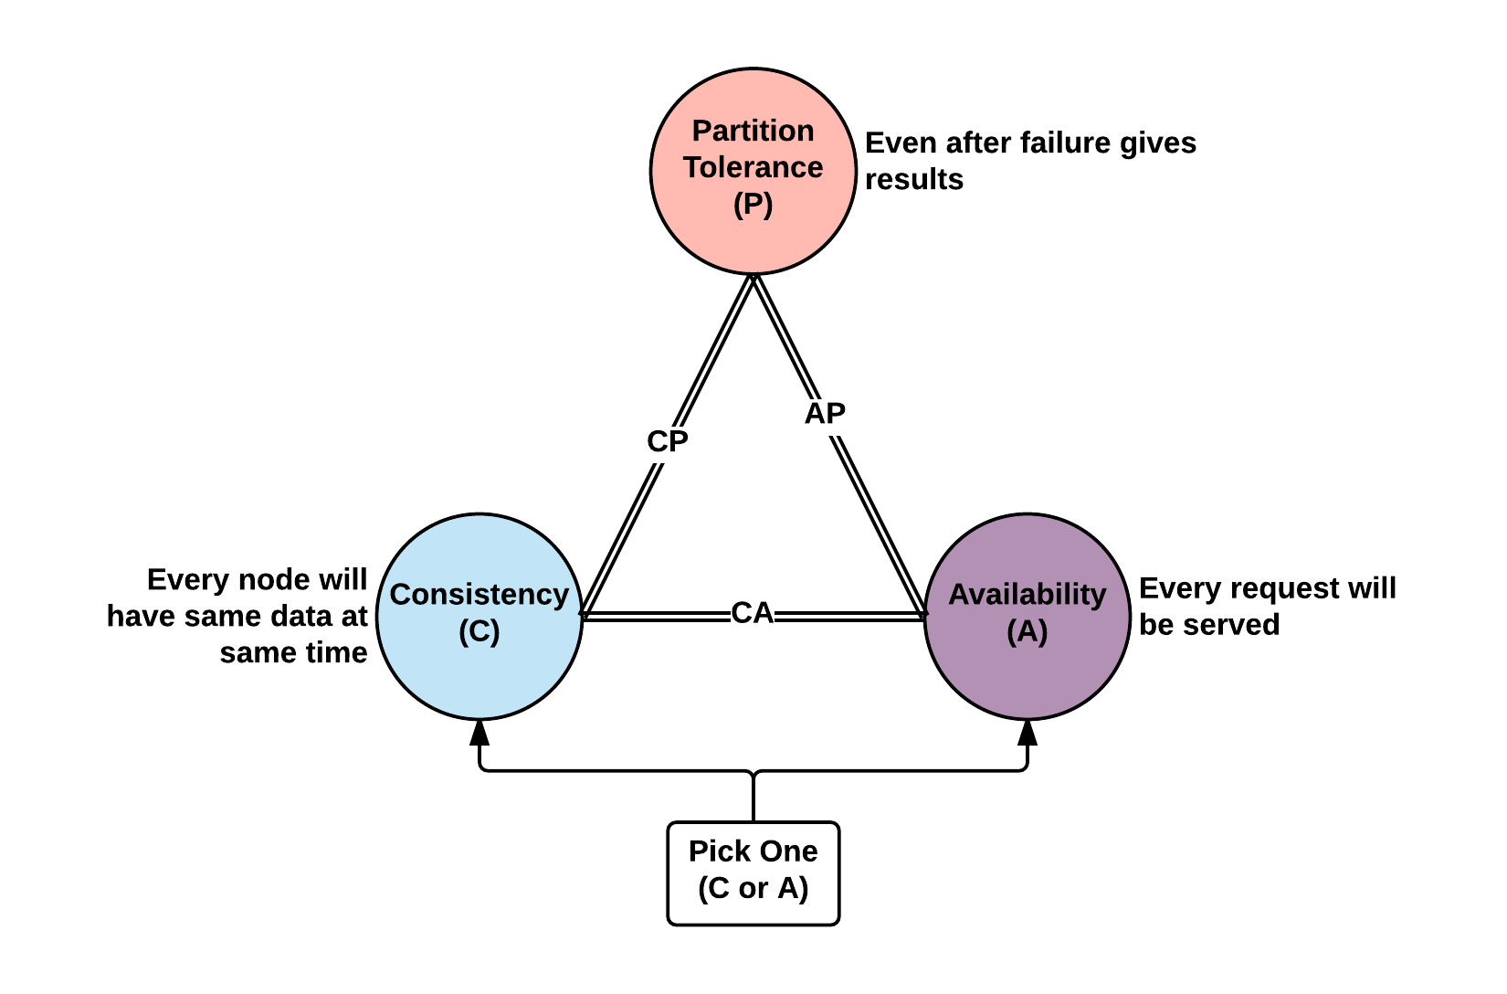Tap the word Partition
click(x=753, y=131)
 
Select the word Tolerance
click(x=753, y=167)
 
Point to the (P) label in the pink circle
click(x=753, y=204)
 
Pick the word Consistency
click(x=479, y=594)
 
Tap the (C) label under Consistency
click(x=479, y=630)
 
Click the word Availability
click(x=1027, y=594)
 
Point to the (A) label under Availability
click(x=1027, y=630)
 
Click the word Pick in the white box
click(x=713, y=851)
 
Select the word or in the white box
click(x=753, y=888)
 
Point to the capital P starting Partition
click(x=701, y=131)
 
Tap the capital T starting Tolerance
click(x=692, y=167)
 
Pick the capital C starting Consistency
click(x=400, y=594)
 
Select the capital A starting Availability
click(x=959, y=594)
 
